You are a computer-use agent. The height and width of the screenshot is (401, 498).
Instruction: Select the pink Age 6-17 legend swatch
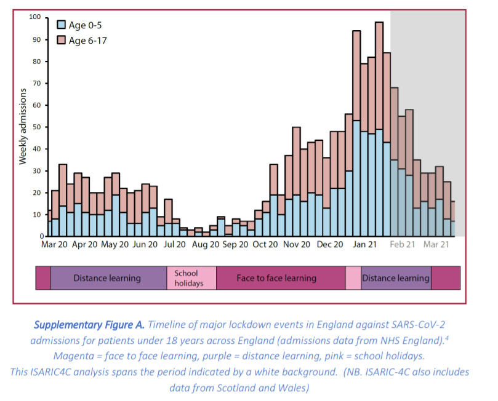[61, 40]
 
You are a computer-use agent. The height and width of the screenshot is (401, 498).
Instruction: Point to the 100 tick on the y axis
[36, 17]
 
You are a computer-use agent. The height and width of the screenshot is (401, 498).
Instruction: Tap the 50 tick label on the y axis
[38, 127]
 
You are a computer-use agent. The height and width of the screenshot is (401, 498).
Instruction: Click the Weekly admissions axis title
[23, 126]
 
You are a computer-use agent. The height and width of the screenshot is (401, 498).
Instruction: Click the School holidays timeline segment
[191, 278]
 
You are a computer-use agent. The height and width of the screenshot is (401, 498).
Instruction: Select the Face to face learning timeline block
[276, 278]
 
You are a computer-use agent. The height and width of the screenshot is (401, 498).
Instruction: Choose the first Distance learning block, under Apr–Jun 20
[107, 278]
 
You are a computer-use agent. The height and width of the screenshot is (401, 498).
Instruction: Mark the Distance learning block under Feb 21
[396, 278]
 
